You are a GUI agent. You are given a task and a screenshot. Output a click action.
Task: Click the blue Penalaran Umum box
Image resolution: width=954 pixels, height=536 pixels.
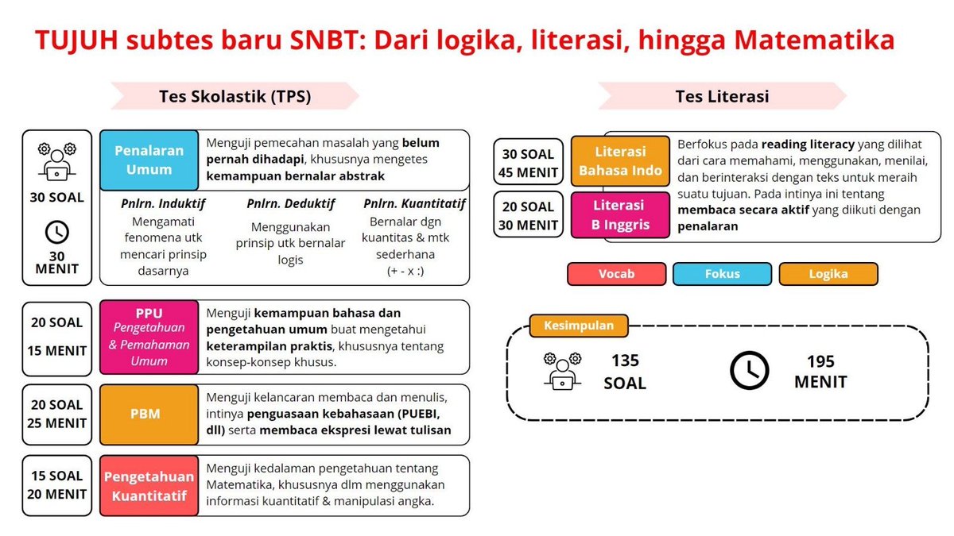149,160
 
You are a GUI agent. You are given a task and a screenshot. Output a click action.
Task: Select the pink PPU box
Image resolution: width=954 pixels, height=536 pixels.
149,337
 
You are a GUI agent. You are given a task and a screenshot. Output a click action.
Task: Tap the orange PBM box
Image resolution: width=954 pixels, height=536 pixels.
149,413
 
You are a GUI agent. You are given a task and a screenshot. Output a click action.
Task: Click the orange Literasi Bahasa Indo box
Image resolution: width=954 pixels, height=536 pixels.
620,160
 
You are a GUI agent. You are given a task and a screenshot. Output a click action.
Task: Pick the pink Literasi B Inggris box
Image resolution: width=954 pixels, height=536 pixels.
620,214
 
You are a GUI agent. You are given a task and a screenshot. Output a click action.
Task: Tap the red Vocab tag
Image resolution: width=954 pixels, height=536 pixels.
616,274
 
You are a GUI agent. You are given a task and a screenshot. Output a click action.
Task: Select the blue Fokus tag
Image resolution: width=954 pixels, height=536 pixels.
722,274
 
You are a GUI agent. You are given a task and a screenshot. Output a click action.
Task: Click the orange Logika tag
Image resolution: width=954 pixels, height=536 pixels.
828,274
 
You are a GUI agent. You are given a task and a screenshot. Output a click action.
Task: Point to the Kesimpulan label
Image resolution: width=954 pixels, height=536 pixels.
577,326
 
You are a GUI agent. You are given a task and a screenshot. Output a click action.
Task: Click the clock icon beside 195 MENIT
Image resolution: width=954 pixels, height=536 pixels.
749,370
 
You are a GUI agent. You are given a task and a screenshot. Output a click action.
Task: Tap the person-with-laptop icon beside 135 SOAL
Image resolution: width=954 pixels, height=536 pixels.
562,370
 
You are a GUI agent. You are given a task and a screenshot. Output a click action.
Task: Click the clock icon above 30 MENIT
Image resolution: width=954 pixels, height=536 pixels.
57,232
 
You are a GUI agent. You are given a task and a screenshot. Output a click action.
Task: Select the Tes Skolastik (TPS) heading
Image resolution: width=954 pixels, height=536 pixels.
235,96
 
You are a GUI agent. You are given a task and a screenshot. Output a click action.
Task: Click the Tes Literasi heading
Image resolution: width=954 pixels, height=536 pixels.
722,96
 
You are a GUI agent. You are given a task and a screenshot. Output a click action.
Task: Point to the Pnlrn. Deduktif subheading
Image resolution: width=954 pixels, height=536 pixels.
290,203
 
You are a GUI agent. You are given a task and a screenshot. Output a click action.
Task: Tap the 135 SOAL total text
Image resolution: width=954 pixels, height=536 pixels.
625,372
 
